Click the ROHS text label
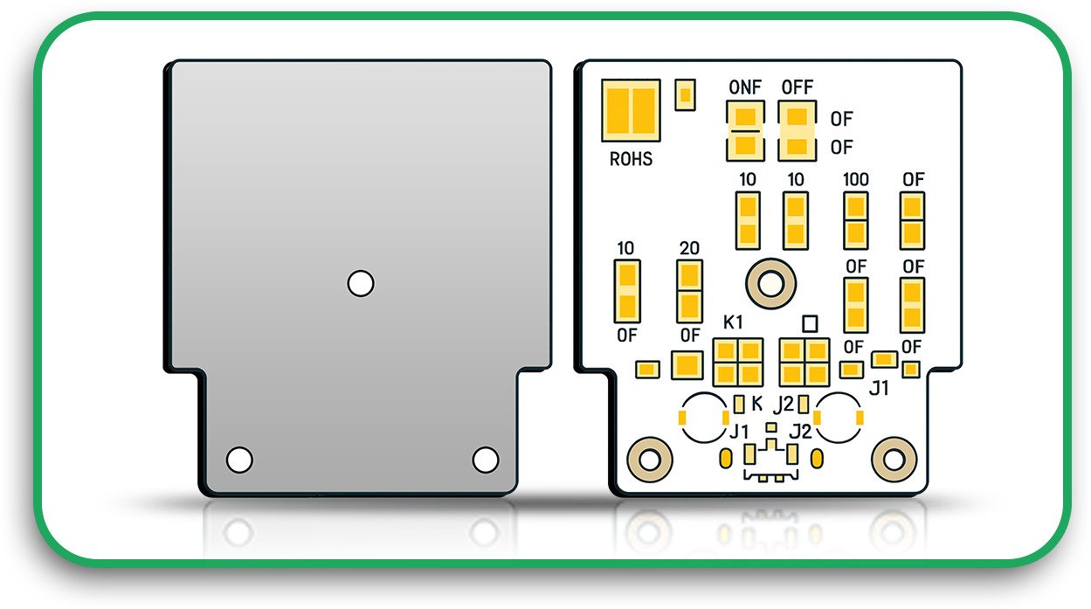(631, 160)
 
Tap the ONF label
(745, 87)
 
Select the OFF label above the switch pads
(797, 87)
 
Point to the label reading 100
(855, 179)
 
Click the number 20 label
(689, 248)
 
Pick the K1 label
(734, 322)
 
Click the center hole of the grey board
(361, 283)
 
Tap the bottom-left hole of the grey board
(239, 459)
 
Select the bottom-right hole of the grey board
(485, 459)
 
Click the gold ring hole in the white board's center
(770, 283)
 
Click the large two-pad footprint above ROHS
(631, 111)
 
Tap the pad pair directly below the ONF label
(745, 130)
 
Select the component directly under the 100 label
(855, 220)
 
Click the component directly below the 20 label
(689, 291)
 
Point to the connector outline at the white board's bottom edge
(770, 463)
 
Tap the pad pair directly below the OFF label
(797, 130)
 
